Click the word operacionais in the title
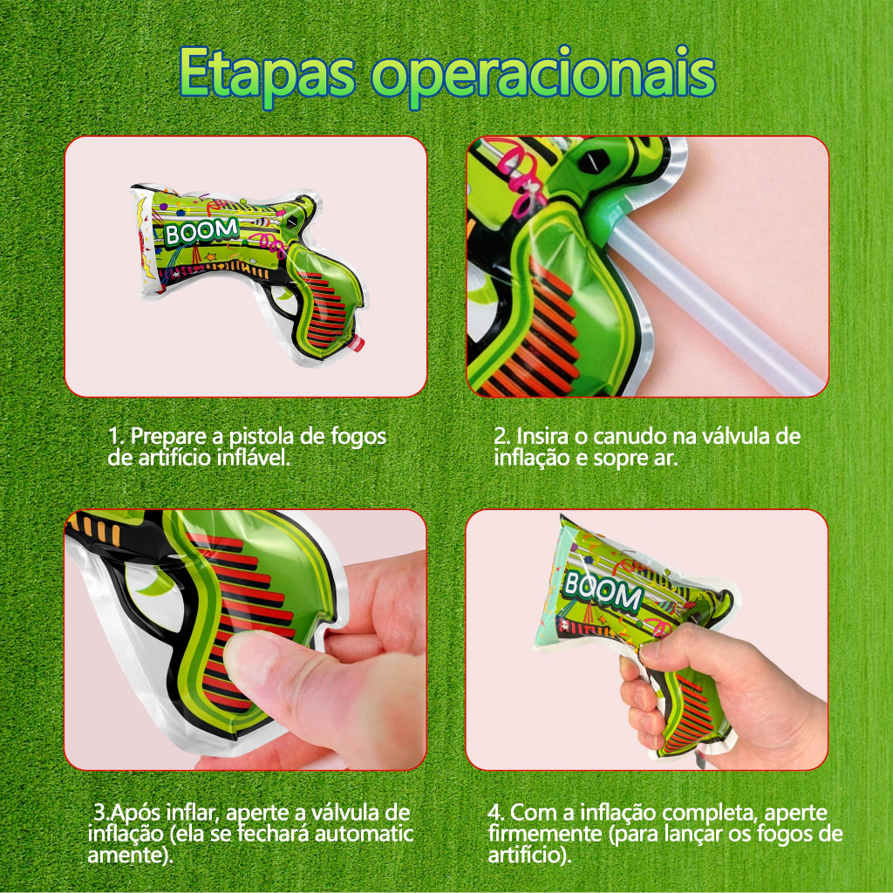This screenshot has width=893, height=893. click(543, 77)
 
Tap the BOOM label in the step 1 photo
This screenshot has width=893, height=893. click(201, 230)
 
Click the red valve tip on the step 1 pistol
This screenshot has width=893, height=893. click(357, 344)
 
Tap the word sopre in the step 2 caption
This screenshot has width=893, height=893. click(618, 459)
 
